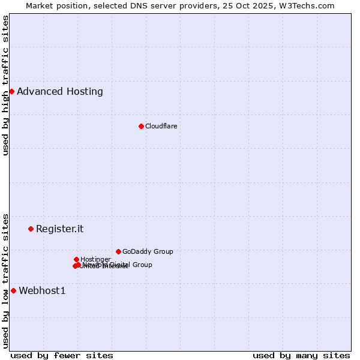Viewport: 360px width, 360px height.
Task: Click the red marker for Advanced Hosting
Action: click(x=11, y=91)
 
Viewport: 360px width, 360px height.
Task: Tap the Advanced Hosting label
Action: click(x=60, y=92)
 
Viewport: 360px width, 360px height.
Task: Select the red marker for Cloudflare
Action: click(x=141, y=126)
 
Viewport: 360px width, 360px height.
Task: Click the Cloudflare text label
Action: click(x=161, y=126)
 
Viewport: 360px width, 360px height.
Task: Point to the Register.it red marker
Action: click(x=31, y=229)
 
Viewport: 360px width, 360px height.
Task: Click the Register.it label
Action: click(x=59, y=229)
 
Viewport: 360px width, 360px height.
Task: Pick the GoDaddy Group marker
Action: click(x=118, y=251)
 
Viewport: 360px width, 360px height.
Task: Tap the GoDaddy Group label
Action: click(x=148, y=252)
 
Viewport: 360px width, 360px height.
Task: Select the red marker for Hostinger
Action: click(x=76, y=259)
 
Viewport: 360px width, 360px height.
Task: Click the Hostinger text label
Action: click(x=95, y=259)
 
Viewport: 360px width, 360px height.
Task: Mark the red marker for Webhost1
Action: click(x=13, y=290)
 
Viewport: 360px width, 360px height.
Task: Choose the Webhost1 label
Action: click(x=42, y=291)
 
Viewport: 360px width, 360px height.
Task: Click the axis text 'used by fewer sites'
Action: click(x=62, y=355)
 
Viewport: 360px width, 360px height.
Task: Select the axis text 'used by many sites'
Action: click(x=301, y=355)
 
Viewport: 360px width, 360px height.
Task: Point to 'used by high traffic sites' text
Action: click(x=5, y=86)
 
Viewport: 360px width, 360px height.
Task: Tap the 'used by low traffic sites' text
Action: click(x=5, y=280)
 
